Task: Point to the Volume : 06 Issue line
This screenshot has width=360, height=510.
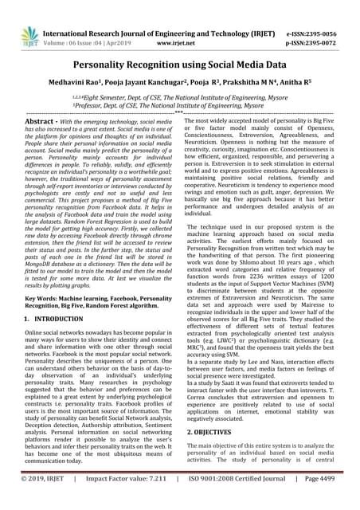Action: pos(87,24)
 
